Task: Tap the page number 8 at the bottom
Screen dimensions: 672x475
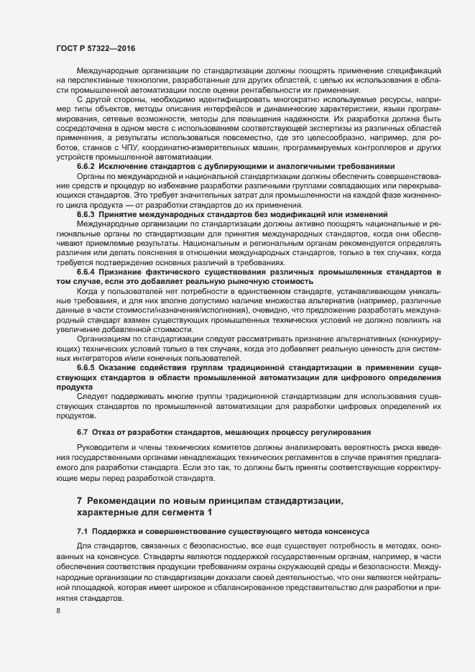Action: [x=58, y=612]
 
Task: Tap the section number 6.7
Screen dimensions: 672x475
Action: [x=82, y=432]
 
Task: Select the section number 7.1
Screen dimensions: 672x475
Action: [x=82, y=530]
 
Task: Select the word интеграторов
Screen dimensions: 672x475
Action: [x=89, y=358]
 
